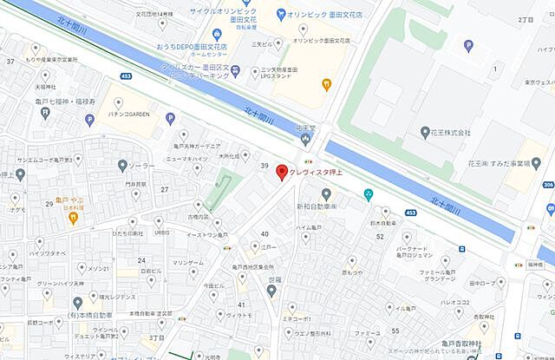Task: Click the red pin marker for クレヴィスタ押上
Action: pos(281,172)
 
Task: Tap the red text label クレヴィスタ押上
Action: pos(320,172)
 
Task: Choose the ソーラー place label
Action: pos(143,167)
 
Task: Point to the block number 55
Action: pos(395,331)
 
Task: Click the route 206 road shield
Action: pos(548,184)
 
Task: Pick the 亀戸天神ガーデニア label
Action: pos(201,147)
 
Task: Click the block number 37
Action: pos(10,61)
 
